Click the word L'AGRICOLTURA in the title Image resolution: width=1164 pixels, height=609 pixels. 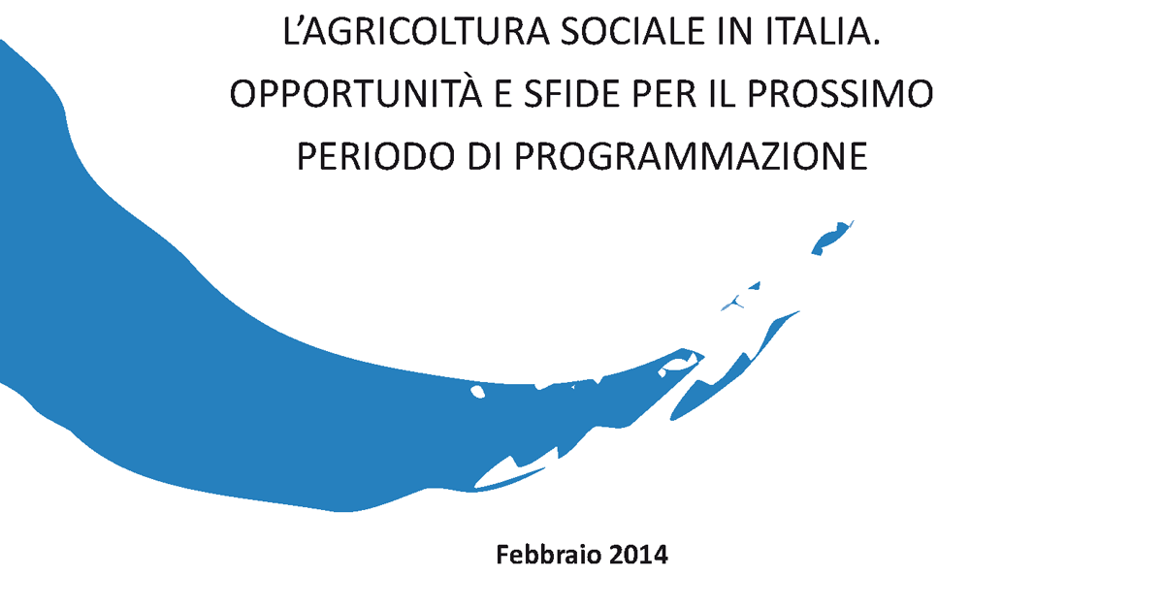(416, 32)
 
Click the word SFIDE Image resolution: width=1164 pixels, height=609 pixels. (571, 94)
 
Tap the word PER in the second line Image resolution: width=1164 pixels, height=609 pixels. (664, 94)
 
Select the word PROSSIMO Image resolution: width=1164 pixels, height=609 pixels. (840, 94)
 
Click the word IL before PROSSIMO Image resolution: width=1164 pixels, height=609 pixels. (722, 94)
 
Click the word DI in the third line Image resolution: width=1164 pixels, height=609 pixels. (485, 156)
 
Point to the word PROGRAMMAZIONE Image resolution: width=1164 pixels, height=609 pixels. (691, 156)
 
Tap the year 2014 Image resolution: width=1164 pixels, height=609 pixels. (638, 555)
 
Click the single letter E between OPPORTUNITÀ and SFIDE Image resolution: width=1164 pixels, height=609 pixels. (502, 94)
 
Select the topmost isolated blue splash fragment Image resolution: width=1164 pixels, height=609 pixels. (830, 239)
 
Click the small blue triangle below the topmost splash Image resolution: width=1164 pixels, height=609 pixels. (756, 285)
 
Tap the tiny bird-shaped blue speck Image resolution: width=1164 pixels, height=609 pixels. (733, 303)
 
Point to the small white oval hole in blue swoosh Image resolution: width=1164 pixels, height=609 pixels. (477, 391)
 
